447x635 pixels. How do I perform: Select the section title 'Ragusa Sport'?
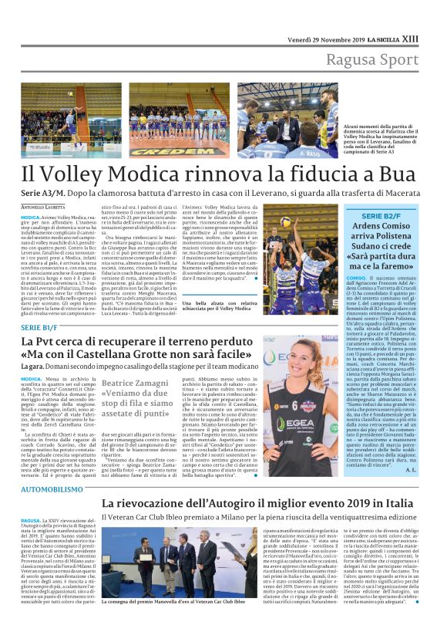[373, 60]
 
